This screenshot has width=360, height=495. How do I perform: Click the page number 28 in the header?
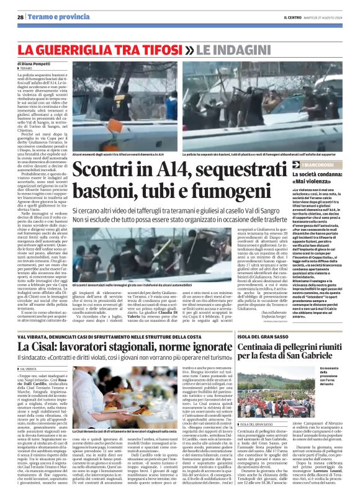click(x=20, y=17)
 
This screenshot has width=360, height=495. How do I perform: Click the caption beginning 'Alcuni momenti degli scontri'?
click(x=118, y=153)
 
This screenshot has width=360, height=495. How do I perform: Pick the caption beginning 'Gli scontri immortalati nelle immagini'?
click(x=137, y=284)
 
